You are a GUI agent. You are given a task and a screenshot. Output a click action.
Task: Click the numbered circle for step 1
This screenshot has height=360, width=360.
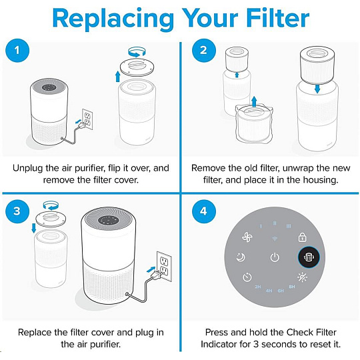click(17, 50)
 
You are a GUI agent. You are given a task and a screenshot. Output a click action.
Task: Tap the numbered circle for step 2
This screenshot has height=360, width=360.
click(204, 50)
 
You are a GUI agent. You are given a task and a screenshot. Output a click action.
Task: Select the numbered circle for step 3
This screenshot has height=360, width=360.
click(17, 211)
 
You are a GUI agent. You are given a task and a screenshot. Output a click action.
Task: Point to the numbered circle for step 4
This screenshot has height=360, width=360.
click(204, 211)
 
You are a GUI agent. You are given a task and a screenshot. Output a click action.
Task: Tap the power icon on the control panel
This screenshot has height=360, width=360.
click(275, 257)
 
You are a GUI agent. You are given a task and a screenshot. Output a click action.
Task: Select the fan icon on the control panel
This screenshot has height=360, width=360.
click(247, 237)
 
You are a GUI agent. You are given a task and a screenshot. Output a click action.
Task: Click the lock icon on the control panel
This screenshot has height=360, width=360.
click(302, 237)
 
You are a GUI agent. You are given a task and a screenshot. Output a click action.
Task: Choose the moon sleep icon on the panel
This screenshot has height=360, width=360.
click(241, 257)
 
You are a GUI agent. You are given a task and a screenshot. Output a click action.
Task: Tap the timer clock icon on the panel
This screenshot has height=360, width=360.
click(247, 277)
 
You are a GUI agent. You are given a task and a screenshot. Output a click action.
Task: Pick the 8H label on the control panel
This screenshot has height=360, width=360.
click(292, 287)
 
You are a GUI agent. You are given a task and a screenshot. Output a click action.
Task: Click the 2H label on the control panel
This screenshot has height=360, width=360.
click(258, 287)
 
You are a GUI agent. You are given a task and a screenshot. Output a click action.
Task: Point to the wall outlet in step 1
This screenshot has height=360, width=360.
click(87, 119)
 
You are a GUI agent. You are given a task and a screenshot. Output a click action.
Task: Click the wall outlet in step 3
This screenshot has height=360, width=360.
click(164, 266)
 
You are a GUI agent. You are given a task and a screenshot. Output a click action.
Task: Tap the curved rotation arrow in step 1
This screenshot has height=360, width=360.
click(137, 52)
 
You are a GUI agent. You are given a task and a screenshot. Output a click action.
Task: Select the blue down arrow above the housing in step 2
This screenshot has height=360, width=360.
click(317, 89)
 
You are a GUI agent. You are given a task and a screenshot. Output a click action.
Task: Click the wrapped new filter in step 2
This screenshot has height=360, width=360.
click(254, 124)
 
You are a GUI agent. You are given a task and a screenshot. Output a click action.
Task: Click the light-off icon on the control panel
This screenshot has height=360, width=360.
click(302, 277)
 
